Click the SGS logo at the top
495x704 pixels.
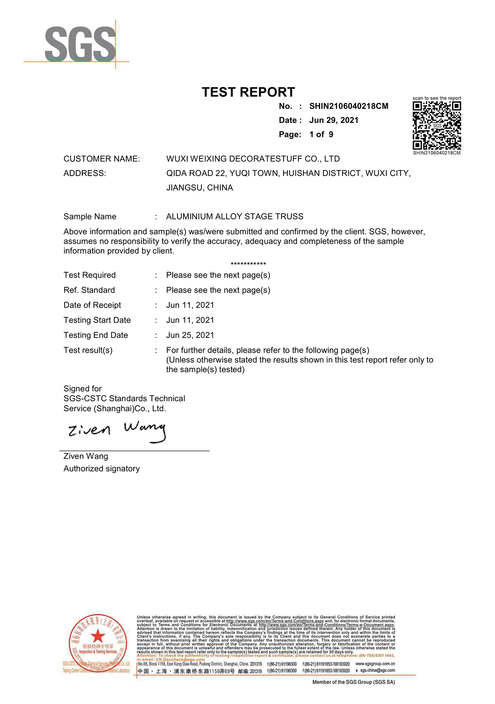tap(80, 44)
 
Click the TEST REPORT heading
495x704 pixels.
tap(248, 92)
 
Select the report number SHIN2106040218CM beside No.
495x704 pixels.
tap(349, 106)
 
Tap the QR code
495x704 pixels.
tap(437, 125)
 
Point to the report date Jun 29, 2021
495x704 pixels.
tap(334, 120)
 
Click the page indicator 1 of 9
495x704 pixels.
tap(321, 134)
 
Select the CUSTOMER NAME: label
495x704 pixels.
tap(102, 159)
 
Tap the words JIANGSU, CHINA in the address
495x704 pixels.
tap(199, 188)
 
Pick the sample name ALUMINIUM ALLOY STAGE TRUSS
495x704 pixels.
tap(234, 217)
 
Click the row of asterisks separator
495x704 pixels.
tap(248, 264)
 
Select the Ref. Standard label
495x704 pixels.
tap(89, 290)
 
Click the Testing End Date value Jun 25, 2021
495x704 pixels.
tap(190, 335)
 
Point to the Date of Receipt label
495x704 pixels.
tap(92, 305)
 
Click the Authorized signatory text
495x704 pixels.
tap(102, 469)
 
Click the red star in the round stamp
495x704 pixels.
tap(98, 637)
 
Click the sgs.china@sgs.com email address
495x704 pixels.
tap(377, 670)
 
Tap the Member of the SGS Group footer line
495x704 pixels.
tap(354, 682)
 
